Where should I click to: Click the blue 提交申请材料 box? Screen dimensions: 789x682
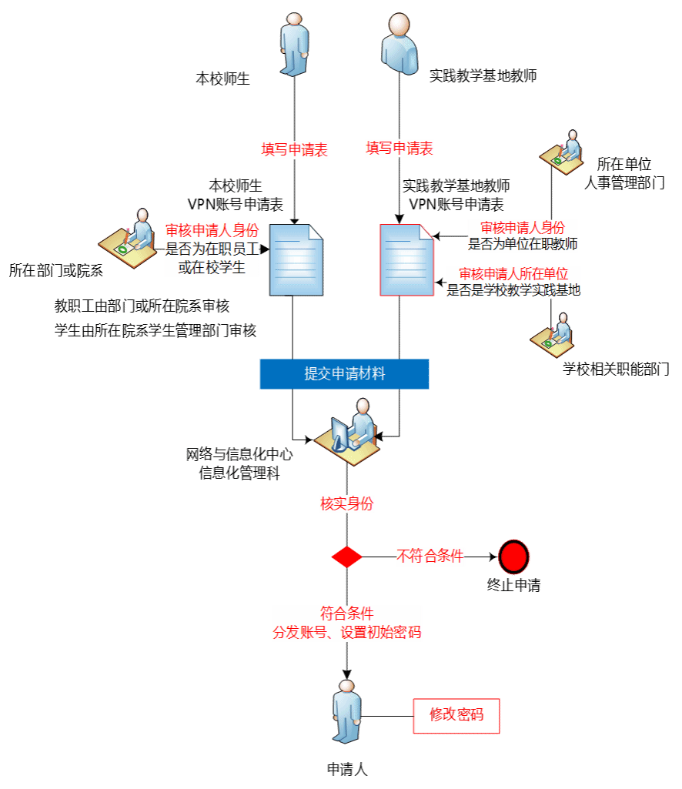point(344,374)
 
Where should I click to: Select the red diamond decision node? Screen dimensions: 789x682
point(346,557)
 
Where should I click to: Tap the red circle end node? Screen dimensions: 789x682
point(513,556)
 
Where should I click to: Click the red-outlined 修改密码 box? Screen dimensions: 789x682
point(457,715)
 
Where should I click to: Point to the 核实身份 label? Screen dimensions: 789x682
point(346,504)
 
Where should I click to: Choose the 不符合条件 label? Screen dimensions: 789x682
point(430,556)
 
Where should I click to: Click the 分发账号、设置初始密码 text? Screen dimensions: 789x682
point(346,633)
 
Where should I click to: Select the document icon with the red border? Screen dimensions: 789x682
point(407,260)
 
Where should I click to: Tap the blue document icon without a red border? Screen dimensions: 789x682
point(296,260)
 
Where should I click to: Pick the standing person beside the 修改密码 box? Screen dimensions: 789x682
point(346,710)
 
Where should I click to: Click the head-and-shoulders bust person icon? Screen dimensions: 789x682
point(400,43)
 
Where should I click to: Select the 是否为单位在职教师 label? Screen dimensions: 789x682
point(523,245)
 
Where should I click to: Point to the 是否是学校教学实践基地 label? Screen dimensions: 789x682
point(513,290)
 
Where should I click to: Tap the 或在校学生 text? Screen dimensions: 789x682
point(212,268)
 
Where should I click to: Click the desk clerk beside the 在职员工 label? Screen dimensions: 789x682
point(129,239)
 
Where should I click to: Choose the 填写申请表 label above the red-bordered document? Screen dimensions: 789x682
point(399,149)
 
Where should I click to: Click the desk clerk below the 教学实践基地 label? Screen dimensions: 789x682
point(553,335)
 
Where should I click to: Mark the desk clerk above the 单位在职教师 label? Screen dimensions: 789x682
point(562,152)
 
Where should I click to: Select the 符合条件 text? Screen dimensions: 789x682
point(346,613)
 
